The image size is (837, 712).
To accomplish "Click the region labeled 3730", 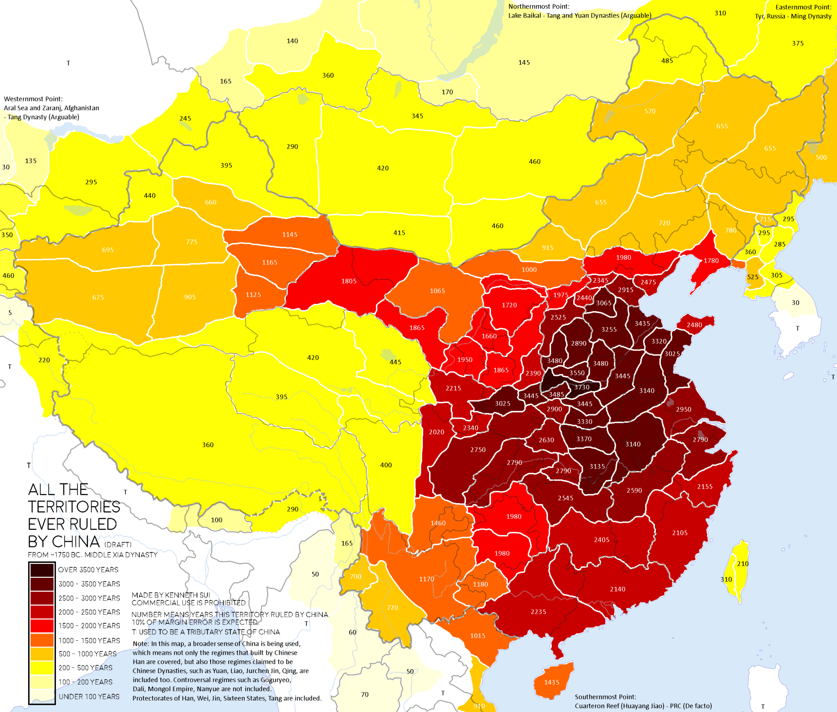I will point(582,387).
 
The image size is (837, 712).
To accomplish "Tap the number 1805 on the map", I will point(349,281).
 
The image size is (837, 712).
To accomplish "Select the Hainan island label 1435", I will point(551,682).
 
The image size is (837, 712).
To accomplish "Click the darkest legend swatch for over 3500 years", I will point(42,570).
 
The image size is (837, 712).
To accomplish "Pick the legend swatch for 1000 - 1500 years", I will point(42,640).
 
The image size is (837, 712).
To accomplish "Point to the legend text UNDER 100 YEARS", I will point(89,696).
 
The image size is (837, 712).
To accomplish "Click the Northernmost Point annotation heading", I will point(539,7).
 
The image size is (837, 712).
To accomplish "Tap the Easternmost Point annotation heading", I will point(803,7).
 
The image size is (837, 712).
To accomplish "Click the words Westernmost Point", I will point(33,99).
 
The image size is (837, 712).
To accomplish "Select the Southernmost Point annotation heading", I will point(605,697).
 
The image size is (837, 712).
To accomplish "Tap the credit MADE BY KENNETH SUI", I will point(171,595).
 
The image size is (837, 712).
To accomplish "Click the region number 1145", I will point(289,234).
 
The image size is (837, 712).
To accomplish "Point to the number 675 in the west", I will point(98,297).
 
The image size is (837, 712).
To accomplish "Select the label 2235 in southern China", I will point(538,612).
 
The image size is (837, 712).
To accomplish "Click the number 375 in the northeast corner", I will point(797,43).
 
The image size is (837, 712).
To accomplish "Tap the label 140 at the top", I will point(292,41).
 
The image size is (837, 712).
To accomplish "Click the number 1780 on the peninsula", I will point(711,261).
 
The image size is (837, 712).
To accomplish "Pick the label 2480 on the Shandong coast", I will point(694,325).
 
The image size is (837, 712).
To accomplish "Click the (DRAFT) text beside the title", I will point(118,544).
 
